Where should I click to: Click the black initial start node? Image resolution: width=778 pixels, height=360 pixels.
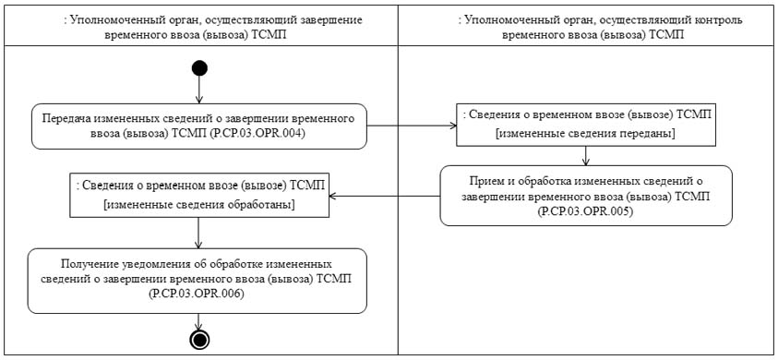click(x=199, y=67)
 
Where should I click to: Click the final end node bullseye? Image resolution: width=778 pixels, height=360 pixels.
click(x=198, y=340)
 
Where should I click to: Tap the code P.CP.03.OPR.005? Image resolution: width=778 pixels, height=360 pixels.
click(x=586, y=211)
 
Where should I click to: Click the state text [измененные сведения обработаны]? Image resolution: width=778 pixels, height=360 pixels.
click(x=200, y=203)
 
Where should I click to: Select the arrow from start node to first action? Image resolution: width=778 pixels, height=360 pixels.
click(x=199, y=89)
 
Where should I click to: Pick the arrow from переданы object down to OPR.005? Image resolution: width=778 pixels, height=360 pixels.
click(x=586, y=155)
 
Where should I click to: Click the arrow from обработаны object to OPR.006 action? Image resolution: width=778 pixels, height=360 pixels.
click(x=199, y=233)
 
